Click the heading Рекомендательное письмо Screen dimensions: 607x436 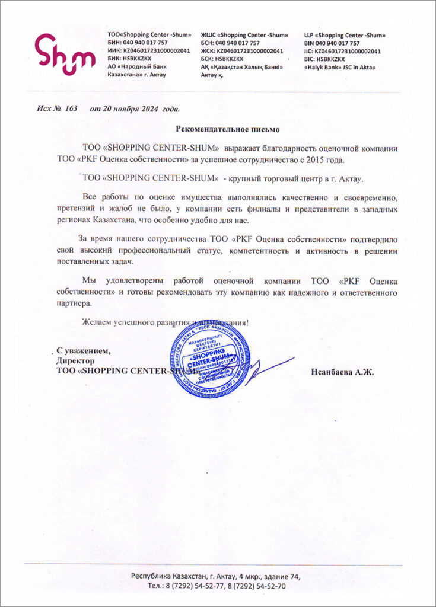(227, 129)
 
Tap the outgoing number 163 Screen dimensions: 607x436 (72, 109)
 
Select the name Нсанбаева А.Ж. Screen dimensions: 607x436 (342, 372)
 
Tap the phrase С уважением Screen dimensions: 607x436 (83, 350)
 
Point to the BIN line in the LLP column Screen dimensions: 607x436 (332, 43)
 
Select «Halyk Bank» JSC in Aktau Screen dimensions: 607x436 (339, 67)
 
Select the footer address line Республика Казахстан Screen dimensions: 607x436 (217, 576)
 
